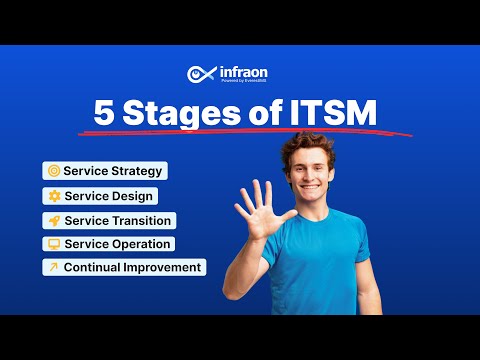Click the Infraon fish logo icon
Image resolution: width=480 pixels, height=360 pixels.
tap(199, 74)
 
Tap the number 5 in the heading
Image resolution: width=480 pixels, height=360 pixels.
tap(104, 113)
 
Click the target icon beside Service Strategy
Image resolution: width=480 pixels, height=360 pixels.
tap(53, 171)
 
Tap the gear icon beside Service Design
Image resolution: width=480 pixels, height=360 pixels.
tap(53, 196)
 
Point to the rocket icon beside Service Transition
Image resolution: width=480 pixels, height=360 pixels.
tap(53, 220)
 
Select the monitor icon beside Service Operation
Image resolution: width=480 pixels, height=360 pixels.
tap(53, 244)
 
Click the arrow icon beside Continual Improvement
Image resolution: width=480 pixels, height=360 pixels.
tap(53, 267)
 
